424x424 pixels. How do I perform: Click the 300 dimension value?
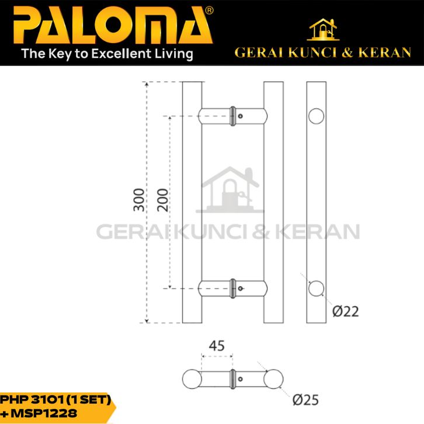tap(139, 200)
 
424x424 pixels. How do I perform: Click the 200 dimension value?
tap(162, 200)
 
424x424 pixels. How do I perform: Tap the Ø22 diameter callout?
tap(345, 311)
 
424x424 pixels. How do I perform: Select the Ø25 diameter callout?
tap(305, 400)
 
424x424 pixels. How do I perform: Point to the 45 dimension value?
tap(217, 346)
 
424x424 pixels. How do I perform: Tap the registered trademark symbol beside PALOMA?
tap(209, 11)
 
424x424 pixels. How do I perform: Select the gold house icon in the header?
tap(323, 29)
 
